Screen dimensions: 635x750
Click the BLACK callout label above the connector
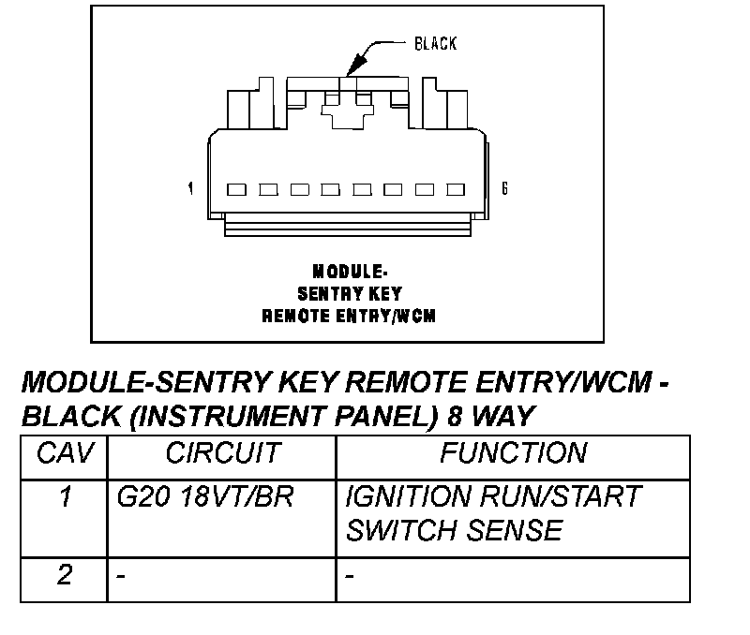tap(436, 44)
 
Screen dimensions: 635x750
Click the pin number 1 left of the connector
tap(191, 189)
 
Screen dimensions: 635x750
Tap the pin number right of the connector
tap(504, 189)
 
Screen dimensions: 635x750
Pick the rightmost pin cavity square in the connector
tap(456, 190)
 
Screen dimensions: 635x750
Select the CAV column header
tap(65, 454)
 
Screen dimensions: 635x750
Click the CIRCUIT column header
tap(222, 454)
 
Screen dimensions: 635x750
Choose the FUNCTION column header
tap(513, 454)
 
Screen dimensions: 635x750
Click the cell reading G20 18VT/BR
tap(204, 496)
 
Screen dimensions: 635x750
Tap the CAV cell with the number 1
tap(65, 496)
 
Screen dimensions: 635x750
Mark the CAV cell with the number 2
tap(65, 574)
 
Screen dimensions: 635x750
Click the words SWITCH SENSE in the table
tap(454, 531)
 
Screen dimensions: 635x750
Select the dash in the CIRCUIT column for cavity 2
tap(121, 574)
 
